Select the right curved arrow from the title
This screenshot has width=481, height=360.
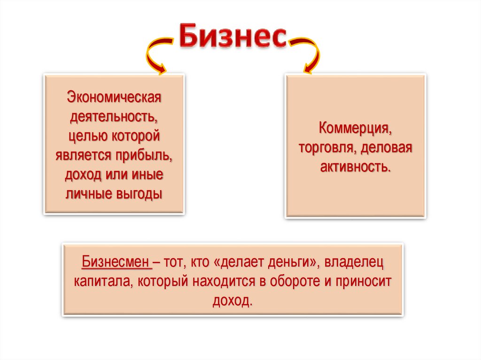click(308, 55)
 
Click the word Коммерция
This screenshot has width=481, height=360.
click(355, 128)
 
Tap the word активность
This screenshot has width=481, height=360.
click(355, 167)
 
